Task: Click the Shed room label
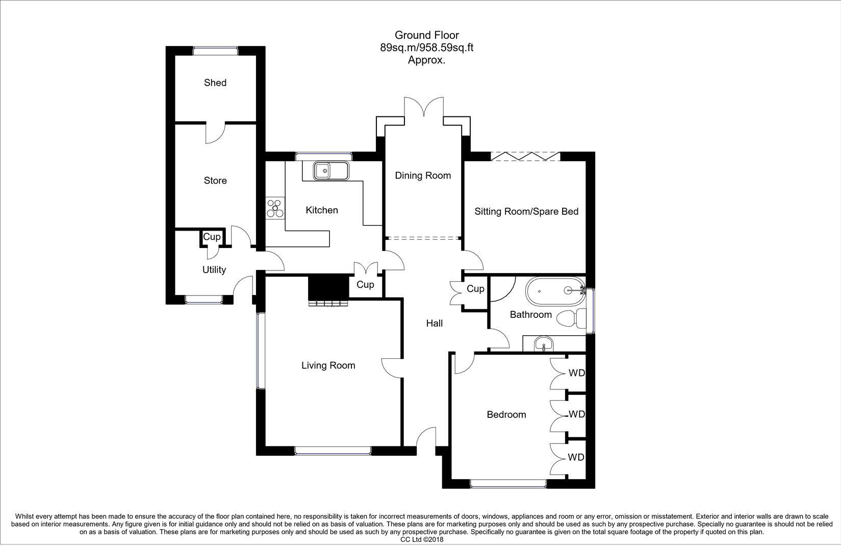pyautogui.click(x=215, y=83)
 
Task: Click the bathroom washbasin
pyautogui.click(x=544, y=345)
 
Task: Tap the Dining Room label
pyautogui.click(x=423, y=176)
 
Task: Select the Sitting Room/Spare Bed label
pyautogui.click(x=526, y=211)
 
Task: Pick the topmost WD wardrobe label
pyautogui.click(x=576, y=373)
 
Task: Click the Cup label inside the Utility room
pyautogui.click(x=212, y=237)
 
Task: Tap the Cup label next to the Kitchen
pyautogui.click(x=365, y=285)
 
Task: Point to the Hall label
pyautogui.click(x=435, y=323)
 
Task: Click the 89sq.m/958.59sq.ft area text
pyautogui.click(x=426, y=48)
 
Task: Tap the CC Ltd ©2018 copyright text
pyautogui.click(x=422, y=539)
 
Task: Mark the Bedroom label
pyautogui.click(x=506, y=414)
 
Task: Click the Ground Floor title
pyautogui.click(x=426, y=35)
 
